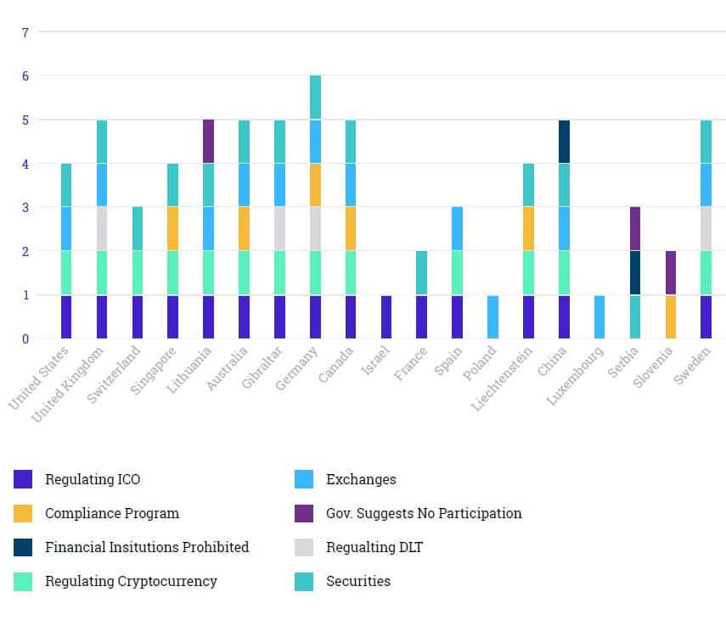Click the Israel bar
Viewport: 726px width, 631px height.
(386, 317)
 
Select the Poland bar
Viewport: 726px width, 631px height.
(492, 317)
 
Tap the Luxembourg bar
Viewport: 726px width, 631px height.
(599, 317)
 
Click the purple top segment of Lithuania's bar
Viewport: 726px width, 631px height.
(208, 142)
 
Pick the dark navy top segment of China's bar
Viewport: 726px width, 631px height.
(564, 142)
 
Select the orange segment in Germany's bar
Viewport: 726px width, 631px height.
(315, 185)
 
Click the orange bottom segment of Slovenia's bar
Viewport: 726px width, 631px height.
(671, 317)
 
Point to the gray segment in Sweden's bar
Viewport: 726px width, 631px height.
(706, 229)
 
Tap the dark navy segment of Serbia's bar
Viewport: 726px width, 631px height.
(635, 273)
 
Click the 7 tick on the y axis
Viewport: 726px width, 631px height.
(25, 33)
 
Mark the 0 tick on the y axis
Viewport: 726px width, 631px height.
(25, 339)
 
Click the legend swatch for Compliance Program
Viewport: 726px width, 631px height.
(23, 513)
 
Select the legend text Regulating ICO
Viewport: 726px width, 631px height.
(93, 479)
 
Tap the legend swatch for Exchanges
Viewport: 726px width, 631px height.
(304, 479)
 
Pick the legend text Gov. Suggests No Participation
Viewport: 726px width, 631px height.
(424, 513)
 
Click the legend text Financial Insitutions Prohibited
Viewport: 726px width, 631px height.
(147, 547)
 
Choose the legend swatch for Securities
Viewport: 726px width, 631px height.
(304, 581)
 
